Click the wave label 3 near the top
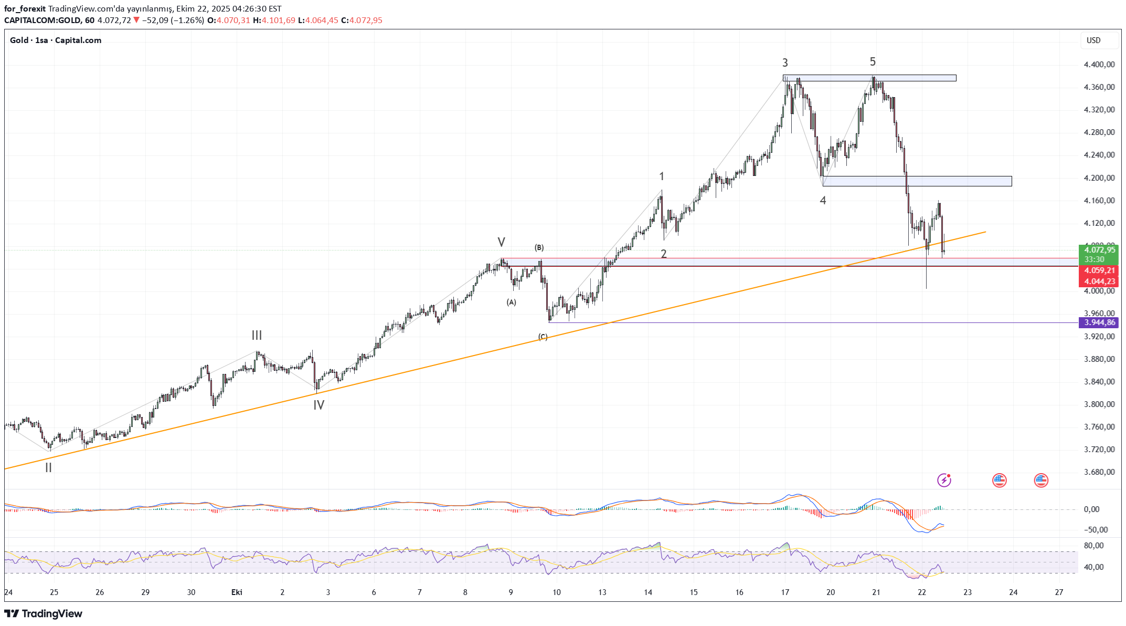[x=785, y=63]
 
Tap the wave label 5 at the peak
[x=873, y=62]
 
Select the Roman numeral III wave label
[x=257, y=335]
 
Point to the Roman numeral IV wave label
[x=318, y=405]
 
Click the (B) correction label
[x=539, y=247]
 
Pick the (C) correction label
[x=543, y=337]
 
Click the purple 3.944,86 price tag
[x=1099, y=322]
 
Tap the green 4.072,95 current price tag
[x=1099, y=250]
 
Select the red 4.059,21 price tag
[x=1099, y=270]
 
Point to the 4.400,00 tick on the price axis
[x=1099, y=65]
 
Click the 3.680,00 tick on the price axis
[x=1099, y=472]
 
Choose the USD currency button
[x=1093, y=40]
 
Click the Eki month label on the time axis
[x=237, y=592]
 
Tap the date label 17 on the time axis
[x=785, y=592]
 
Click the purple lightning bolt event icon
[x=944, y=480]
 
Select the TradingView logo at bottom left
[x=44, y=613]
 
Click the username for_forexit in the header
[x=25, y=9]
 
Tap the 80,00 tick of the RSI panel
[x=1093, y=546]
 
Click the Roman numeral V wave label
[x=501, y=242]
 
